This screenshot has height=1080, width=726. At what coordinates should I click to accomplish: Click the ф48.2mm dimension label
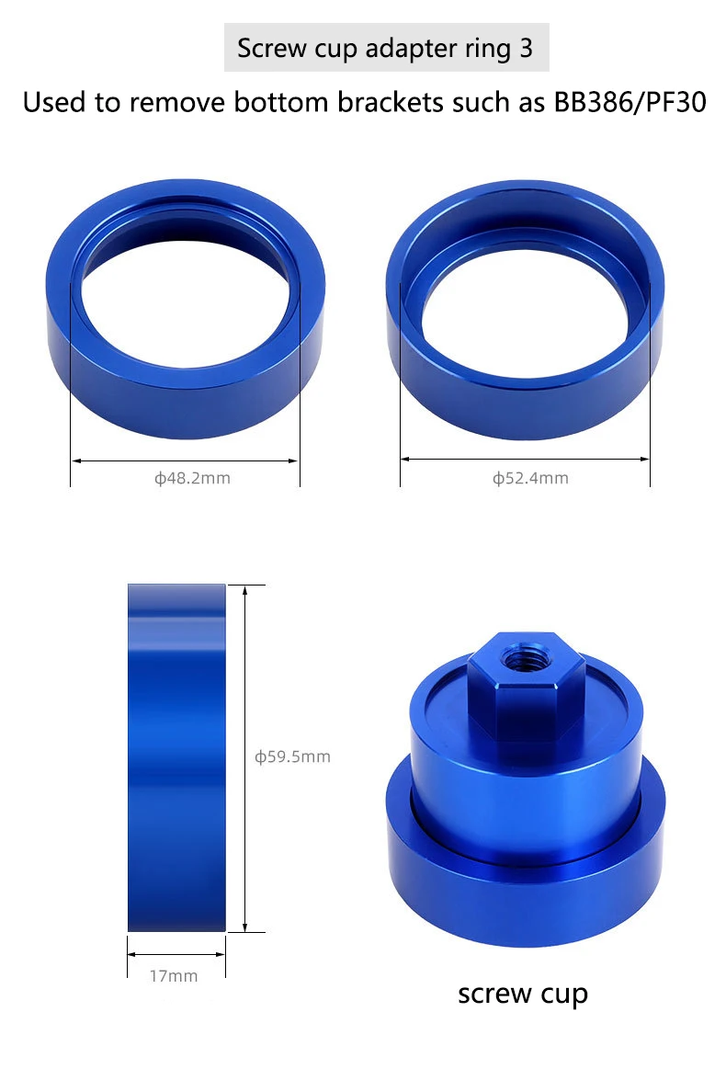pyautogui.click(x=192, y=478)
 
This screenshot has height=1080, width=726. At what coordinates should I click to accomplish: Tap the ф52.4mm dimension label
pyautogui.click(x=530, y=478)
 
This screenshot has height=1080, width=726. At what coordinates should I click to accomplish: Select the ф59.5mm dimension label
pyautogui.click(x=293, y=757)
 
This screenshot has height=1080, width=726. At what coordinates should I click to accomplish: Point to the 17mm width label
pyautogui.click(x=174, y=976)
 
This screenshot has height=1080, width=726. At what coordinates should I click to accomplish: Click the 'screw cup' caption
pyautogui.click(x=523, y=994)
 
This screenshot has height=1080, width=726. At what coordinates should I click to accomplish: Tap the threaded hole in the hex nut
pyautogui.click(x=521, y=660)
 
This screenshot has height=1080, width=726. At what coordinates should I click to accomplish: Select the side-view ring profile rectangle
pyautogui.click(x=177, y=757)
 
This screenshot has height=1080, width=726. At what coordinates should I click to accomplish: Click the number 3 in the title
pyautogui.click(x=527, y=48)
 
